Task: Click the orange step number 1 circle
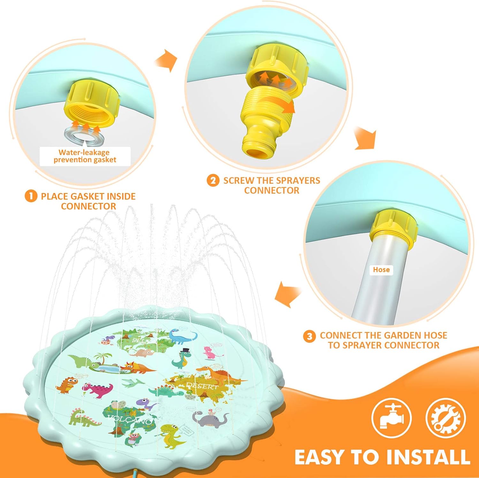coord(31,196)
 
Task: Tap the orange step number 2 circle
coord(213,181)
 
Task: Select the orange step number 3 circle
coord(309,336)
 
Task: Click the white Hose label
coord(381,270)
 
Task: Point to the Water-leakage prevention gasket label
coord(85,156)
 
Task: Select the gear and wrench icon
coord(446,418)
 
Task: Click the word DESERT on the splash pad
coord(202,386)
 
